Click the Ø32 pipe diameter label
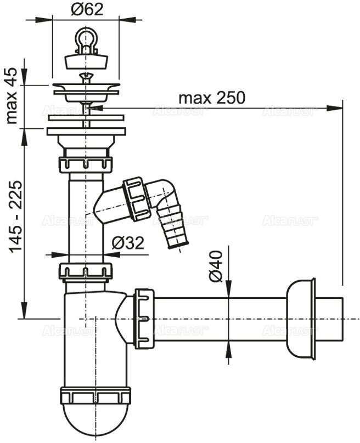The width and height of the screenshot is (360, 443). point(128,243)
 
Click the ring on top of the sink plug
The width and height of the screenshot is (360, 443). point(86,37)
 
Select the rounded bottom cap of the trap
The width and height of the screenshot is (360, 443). point(95,417)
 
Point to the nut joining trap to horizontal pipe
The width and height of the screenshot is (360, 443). point(144,318)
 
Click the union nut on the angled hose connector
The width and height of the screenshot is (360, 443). point(137,199)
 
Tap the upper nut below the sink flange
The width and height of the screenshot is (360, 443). point(86,164)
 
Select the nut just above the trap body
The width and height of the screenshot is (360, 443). point(86,271)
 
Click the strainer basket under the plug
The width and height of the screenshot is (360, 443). point(86,92)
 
